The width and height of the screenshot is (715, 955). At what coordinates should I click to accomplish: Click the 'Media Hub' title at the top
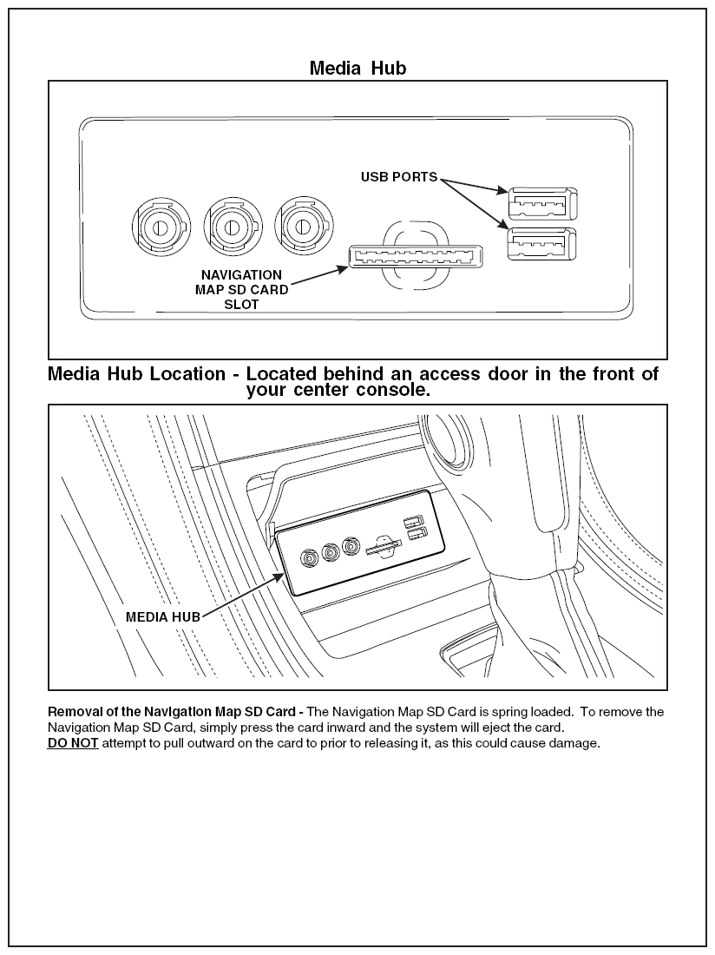(357, 68)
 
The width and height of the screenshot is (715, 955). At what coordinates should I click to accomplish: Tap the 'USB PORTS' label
(399, 177)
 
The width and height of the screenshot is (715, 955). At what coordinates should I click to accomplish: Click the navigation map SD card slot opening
(416, 258)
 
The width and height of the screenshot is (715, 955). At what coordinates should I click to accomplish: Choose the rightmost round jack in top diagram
(301, 226)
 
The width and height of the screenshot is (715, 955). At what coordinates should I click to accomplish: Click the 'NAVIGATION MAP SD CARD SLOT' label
(241, 290)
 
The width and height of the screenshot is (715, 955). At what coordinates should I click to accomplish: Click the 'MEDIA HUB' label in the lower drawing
(163, 617)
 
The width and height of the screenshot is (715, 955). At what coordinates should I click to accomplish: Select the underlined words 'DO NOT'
(73, 743)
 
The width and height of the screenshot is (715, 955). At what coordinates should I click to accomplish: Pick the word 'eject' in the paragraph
(500, 728)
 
